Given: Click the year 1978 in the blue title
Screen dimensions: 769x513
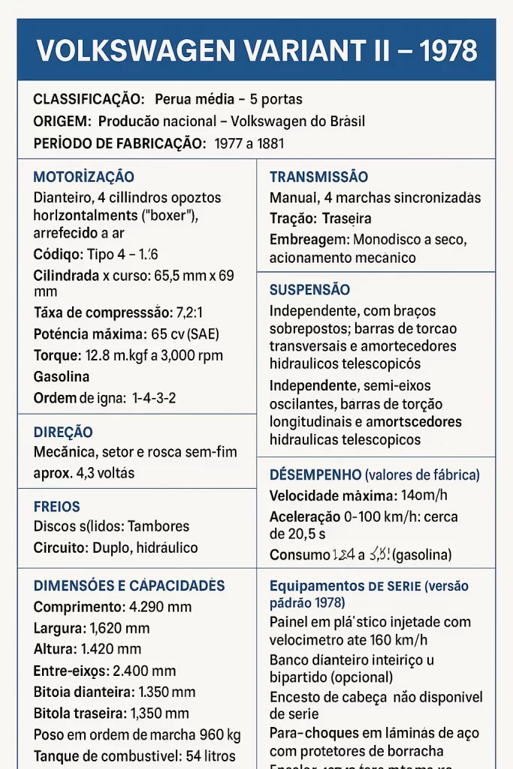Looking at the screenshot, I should point(448,50).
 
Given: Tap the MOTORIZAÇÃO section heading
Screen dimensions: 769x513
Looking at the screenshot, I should point(84,177).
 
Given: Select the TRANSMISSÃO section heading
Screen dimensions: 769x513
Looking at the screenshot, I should point(318,177).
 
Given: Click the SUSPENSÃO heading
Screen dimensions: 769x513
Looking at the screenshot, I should point(309,290).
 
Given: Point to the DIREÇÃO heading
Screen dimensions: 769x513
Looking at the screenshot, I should point(63,433).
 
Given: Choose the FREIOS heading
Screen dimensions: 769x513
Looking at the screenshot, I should point(56,507).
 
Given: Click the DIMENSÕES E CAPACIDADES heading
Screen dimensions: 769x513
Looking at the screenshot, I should point(129,586).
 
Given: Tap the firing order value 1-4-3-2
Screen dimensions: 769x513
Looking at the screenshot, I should point(154,398).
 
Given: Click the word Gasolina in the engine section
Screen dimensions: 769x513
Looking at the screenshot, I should point(62,377).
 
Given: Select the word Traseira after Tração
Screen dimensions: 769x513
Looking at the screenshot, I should point(346,219).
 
